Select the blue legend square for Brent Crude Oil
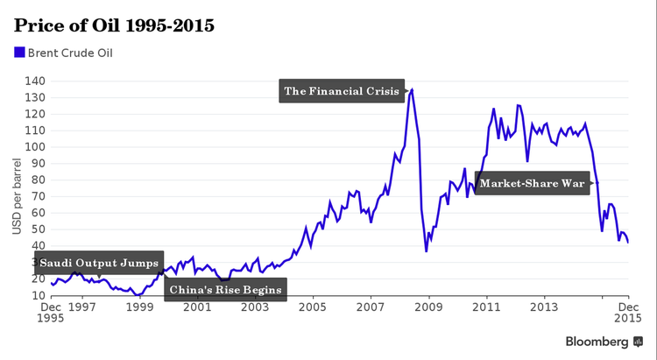[19, 53]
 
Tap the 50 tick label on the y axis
[36, 229]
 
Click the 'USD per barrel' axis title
[17, 197]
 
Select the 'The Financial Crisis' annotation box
[342, 91]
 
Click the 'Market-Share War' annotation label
[532, 184]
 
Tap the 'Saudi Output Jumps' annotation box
[98, 263]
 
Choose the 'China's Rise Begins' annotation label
[225, 290]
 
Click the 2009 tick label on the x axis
[428, 308]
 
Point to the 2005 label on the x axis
[313, 308]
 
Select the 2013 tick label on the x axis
[544, 308]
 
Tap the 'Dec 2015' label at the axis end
[627, 314]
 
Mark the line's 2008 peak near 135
[413, 88]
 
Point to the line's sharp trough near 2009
[427, 251]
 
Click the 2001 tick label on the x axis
[197, 308]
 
